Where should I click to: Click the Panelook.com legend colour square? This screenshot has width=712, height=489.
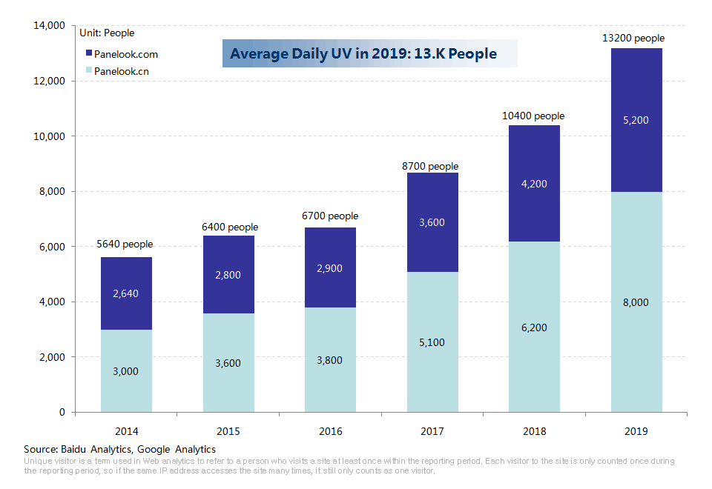click(x=89, y=54)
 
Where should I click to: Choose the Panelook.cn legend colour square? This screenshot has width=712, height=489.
click(x=89, y=71)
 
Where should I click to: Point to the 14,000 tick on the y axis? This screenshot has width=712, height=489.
click(x=50, y=26)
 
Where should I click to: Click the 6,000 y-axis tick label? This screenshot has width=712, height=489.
click(x=53, y=247)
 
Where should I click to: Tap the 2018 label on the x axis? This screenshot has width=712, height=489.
click(x=534, y=431)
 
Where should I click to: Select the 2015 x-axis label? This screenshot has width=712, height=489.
click(x=228, y=431)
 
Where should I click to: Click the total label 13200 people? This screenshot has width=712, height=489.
click(x=636, y=39)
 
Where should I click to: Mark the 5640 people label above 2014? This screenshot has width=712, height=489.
click(x=125, y=245)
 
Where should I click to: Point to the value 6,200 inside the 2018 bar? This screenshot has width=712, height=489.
click(x=534, y=327)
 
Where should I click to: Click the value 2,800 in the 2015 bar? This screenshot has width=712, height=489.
click(x=228, y=275)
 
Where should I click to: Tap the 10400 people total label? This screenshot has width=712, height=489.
click(x=533, y=116)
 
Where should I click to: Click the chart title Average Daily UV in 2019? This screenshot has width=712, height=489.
click(x=363, y=54)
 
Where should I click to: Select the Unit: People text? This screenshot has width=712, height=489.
click(x=107, y=33)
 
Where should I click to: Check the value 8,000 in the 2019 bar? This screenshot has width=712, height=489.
click(x=636, y=302)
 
